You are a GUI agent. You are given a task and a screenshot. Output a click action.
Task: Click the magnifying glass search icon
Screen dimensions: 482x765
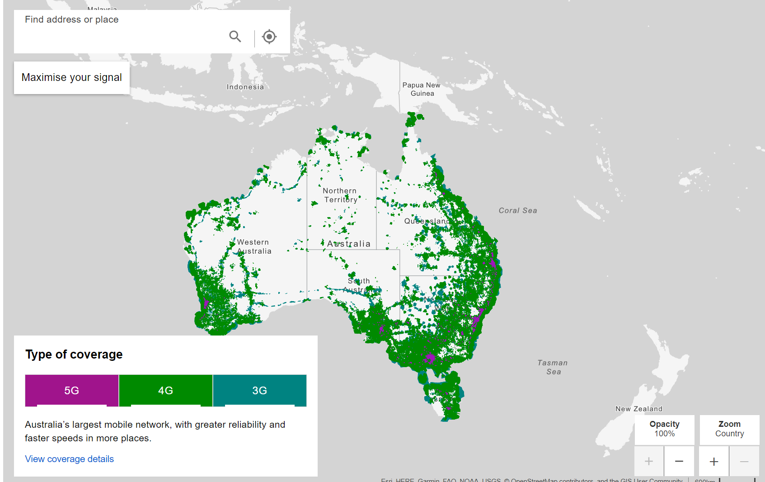235,36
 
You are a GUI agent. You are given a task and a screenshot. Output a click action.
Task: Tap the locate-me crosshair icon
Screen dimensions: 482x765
269,37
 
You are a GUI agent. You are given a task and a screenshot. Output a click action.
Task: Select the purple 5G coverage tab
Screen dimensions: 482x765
72,390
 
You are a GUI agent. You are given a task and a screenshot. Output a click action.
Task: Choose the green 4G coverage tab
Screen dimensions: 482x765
165,390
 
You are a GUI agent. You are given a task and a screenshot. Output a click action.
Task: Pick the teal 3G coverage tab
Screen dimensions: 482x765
259,390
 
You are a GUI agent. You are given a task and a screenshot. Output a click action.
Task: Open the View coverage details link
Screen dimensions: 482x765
69,459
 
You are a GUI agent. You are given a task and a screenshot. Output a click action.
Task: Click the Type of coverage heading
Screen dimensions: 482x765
74,354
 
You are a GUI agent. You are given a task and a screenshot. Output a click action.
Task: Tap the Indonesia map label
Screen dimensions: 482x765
245,87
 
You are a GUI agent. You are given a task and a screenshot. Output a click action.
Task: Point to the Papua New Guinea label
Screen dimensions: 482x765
422,89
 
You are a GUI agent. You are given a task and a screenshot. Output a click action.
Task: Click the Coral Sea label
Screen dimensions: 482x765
518,210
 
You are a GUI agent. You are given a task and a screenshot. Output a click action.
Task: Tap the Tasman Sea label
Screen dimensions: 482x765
553,367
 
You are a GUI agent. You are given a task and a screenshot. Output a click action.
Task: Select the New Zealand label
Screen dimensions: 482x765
639,409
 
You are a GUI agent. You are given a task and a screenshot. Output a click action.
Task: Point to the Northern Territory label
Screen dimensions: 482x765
340,195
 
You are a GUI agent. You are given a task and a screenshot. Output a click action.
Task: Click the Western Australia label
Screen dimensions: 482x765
254,247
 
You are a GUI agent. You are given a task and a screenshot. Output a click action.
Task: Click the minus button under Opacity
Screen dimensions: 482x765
679,461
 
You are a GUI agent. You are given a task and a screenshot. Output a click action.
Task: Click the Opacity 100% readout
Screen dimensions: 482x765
664,429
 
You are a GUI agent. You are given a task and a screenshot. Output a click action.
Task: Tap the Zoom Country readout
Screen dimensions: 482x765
729,429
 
